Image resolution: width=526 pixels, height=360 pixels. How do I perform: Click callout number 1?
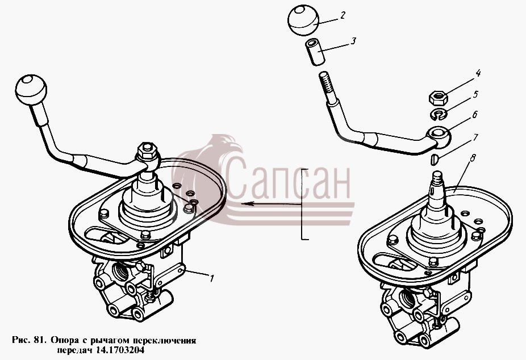(211, 278)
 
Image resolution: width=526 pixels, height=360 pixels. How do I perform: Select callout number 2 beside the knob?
(343, 15)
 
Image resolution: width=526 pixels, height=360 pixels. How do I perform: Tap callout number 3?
(353, 41)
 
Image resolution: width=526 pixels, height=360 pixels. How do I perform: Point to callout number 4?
(478, 73)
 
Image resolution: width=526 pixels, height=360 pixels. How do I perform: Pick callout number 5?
(475, 94)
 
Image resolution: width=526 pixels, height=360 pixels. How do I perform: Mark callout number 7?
(475, 137)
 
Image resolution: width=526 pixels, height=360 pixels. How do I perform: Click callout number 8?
(473, 158)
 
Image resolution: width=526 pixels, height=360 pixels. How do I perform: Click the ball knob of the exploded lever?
(303, 20)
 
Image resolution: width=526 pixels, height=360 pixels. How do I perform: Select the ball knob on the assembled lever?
(31, 90)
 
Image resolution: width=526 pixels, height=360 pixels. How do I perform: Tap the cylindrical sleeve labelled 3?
(315, 52)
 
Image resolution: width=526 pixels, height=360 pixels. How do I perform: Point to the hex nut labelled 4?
(438, 98)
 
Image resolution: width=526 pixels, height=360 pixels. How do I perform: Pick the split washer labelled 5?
(439, 114)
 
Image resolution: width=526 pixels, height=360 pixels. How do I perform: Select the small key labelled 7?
(435, 159)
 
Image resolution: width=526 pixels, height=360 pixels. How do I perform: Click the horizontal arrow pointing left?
(271, 203)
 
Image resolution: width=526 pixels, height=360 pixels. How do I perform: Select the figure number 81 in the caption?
(37, 341)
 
